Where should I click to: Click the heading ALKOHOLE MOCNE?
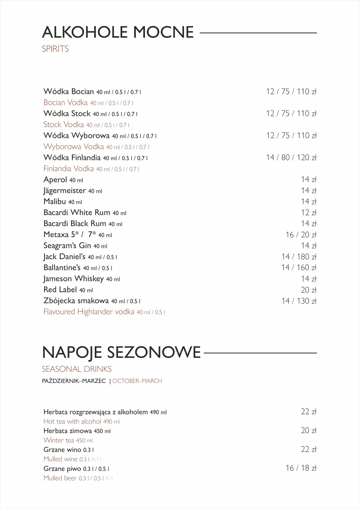pos(118,32)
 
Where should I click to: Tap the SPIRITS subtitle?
pos(55,49)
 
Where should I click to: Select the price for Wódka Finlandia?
pos(291,157)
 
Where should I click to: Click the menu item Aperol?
pos(55,180)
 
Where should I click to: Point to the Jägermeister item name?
pos(65,191)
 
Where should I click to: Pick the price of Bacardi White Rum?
pos(308,212)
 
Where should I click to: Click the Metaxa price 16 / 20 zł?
pos(301,234)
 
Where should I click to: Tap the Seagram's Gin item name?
pos(67,246)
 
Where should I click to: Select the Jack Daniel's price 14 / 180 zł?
pos(299,257)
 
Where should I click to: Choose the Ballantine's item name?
pos(62,268)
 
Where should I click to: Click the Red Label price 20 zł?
pos(308,290)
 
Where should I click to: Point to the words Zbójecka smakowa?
pos(76,301)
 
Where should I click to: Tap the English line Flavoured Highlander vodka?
pos(89,312)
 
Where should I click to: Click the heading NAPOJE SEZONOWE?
pos(121,352)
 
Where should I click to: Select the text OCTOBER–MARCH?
pos(137,381)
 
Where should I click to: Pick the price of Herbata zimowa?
pos(308,430)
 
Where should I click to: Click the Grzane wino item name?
pos(62,450)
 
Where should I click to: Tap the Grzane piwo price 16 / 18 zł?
pos(301,468)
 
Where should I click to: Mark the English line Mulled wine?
pos(61,459)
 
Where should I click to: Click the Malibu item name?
pos(55,201)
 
